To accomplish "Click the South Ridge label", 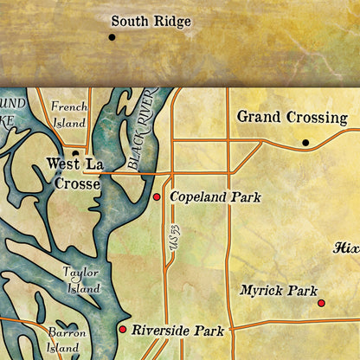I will [157, 22].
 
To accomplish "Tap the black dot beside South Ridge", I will [112, 37].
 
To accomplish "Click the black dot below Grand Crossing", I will [305, 142].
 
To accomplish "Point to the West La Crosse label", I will [75, 172].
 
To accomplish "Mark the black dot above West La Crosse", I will [75, 154].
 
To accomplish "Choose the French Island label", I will [69, 114].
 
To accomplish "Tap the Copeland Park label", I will [215, 197].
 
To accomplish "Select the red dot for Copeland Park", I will [157, 198].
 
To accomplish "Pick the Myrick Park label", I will [279, 291].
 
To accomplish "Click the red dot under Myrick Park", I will [321, 303].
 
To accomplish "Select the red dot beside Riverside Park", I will [122, 330].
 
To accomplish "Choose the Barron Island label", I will [66, 340].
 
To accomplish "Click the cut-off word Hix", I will [346, 247].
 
